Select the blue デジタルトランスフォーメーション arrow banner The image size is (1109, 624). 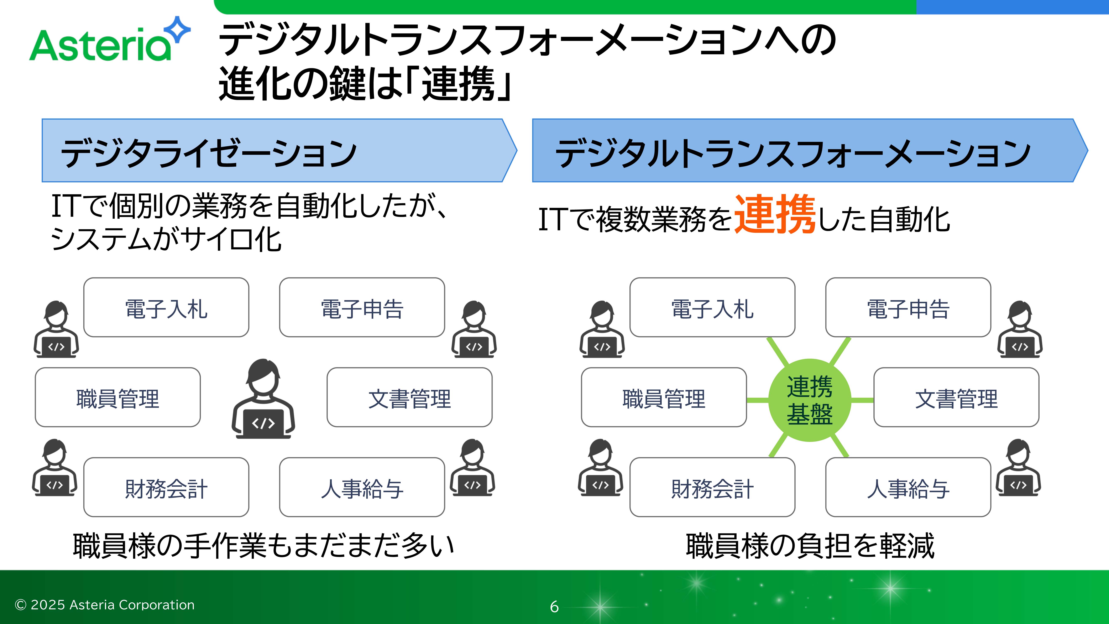pyautogui.click(x=809, y=151)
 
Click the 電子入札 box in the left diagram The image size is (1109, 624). pyautogui.click(x=166, y=307)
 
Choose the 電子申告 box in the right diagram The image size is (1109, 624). pyautogui.click(x=908, y=307)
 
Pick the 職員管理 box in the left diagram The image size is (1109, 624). pyautogui.click(x=117, y=397)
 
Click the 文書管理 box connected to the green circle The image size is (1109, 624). pyautogui.click(x=956, y=397)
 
